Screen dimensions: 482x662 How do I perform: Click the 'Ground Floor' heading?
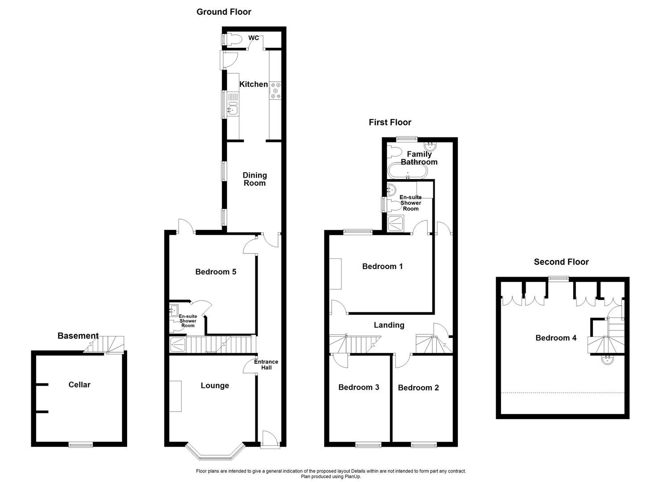pos(224,12)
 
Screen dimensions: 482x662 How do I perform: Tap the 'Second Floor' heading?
pos(561,262)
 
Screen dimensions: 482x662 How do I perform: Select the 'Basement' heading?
pos(78,336)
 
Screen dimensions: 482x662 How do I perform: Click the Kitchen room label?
pos(254,84)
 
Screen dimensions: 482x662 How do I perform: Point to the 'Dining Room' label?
pos(255,179)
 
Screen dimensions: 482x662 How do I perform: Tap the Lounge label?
pos(214,386)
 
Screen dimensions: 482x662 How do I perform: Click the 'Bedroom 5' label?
pos(216,272)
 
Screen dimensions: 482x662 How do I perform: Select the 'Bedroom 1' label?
pos(382,266)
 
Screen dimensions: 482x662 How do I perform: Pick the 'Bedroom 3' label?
pos(358,387)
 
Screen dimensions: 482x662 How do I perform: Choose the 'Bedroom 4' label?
pos(555,338)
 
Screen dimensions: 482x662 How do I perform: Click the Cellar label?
pos(79,385)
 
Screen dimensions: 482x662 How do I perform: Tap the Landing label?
pos(389,325)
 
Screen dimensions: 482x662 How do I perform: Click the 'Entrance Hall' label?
pos(266,365)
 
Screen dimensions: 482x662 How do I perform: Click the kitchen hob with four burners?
pos(275,90)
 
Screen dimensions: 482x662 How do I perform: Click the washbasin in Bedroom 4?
pos(607,360)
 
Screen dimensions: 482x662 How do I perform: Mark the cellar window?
pos(81,445)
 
